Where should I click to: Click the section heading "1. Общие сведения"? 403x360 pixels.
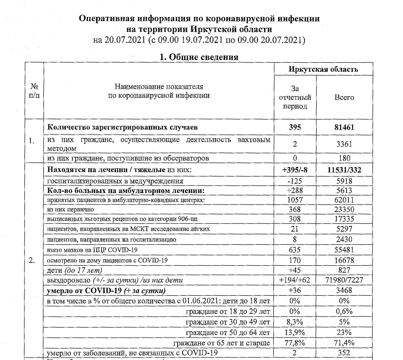(x=199, y=57)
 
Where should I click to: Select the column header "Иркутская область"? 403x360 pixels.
(x=323, y=69)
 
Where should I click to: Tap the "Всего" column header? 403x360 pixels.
(x=344, y=97)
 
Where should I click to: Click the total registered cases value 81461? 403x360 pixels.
(x=344, y=128)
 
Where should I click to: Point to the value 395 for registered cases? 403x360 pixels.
(x=296, y=128)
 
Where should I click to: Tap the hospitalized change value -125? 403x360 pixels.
(x=296, y=181)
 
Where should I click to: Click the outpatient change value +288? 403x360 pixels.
(x=296, y=190)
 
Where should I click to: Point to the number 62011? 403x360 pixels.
(x=344, y=200)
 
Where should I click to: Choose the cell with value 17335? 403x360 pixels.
(x=344, y=219)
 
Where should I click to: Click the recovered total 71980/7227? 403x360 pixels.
(x=344, y=281)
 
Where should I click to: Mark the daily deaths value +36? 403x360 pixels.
(x=296, y=291)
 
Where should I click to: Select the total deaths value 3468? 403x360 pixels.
(x=344, y=291)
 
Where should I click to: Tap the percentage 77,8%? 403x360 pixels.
(x=296, y=343)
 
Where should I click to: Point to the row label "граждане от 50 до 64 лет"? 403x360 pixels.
(x=227, y=333)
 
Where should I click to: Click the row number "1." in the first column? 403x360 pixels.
(x=32, y=141)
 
